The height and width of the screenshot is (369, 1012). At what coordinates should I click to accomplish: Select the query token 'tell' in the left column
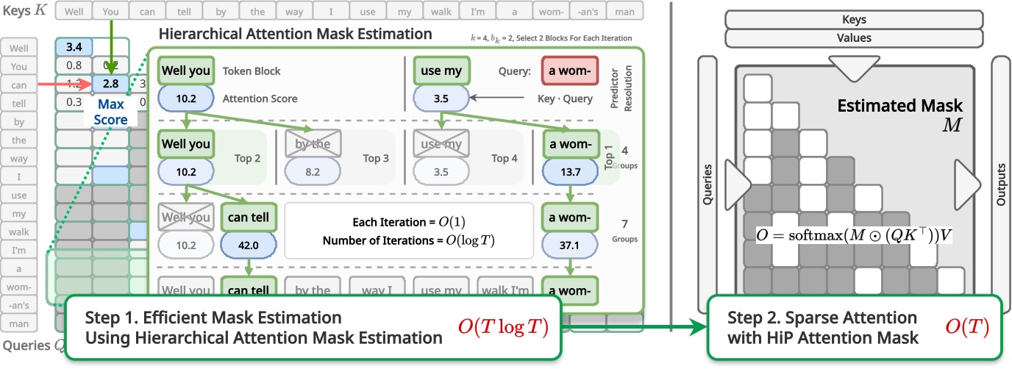click(x=18, y=103)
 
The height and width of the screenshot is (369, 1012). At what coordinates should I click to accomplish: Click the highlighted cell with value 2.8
click(x=110, y=84)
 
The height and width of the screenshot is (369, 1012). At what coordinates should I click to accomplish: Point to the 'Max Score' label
click(x=110, y=112)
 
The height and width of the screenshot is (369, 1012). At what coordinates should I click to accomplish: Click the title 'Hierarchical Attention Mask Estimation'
click(x=296, y=34)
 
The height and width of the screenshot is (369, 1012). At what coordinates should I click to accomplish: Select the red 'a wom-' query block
click(x=569, y=71)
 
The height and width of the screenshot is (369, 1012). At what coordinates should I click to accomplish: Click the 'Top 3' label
click(x=377, y=158)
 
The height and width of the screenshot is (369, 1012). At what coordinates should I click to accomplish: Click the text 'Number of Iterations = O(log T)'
click(x=408, y=239)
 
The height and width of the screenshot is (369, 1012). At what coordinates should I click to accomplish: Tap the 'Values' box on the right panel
click(x=854, y=37)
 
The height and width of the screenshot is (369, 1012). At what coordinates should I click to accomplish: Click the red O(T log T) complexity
click(x=503, y=327)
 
